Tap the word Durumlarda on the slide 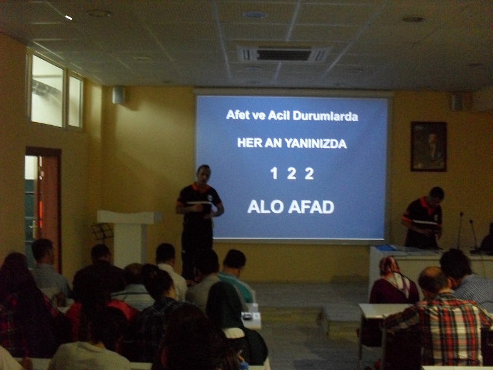click(x=325, y=116)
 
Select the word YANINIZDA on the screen click(x=316, y=144)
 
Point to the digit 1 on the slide click(x=274, y=173)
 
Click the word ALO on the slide click(x=266, y=207)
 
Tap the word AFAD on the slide click(x=311, y=207)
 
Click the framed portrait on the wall click(x=428, y=147)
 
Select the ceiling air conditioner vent click(x=283, y=54)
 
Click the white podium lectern click(x=129, y=236)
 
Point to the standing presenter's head click(x=204, y=175)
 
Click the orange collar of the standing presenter click(x=201, y=188)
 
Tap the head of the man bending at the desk click(x=436, y=195)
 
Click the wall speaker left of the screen click(x=118, y=95)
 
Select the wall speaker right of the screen click(x=458, y=102)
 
